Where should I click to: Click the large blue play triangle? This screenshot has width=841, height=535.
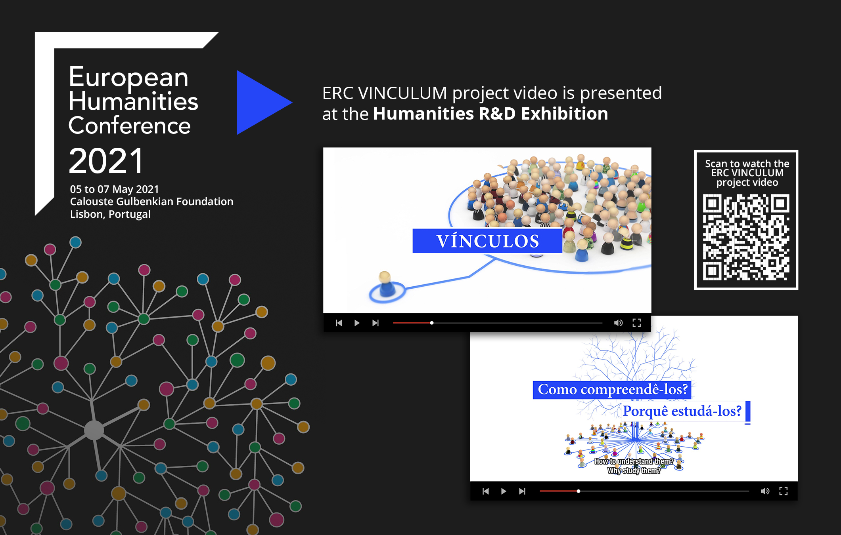point(260,103)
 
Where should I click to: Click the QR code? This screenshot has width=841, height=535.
point(746,237)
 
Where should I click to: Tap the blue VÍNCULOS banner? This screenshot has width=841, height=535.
point(487,241)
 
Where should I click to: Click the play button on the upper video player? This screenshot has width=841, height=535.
point(357,323)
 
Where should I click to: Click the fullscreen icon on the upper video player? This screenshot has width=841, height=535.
point(637,323)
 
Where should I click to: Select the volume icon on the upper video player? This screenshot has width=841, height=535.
point(618,323)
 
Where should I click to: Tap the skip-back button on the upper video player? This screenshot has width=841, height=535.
point(339,323)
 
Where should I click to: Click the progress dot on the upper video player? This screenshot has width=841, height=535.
point(432,323)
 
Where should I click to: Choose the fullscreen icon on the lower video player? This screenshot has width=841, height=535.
point(784,491)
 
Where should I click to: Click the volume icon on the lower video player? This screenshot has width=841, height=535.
point(765,491)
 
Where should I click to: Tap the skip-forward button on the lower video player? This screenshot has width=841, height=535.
point(522,491)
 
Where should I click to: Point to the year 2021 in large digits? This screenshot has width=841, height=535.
point(106,161)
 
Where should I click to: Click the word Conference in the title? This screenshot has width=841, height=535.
point(130,126)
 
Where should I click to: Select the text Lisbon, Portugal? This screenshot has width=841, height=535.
point(110,214)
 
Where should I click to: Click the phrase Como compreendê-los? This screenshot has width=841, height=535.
point(612,390)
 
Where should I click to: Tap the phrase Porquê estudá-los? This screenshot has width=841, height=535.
point(682,411)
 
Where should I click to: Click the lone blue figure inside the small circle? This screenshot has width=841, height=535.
point(385,284)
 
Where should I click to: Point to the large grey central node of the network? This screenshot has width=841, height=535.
point(94,430)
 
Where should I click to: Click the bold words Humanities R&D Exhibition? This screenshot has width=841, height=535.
point(490,114)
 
